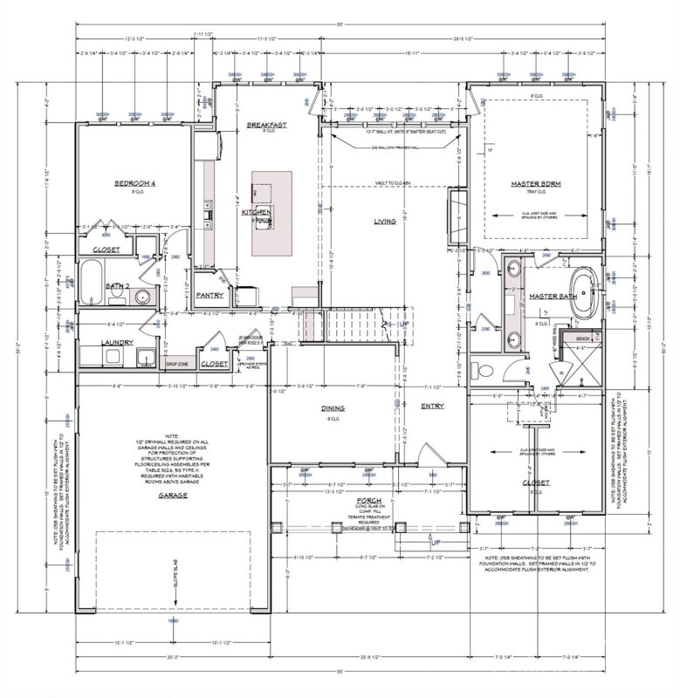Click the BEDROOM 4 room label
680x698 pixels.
point(134,184)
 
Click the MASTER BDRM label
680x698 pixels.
point(534,184)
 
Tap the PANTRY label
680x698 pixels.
point(209,295)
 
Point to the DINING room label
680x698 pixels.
point(332,407)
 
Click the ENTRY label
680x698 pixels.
point(432,406)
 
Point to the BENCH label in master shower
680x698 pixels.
point(583,338)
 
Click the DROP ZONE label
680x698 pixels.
point(178,363)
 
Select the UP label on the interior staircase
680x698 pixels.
point(402,323)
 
